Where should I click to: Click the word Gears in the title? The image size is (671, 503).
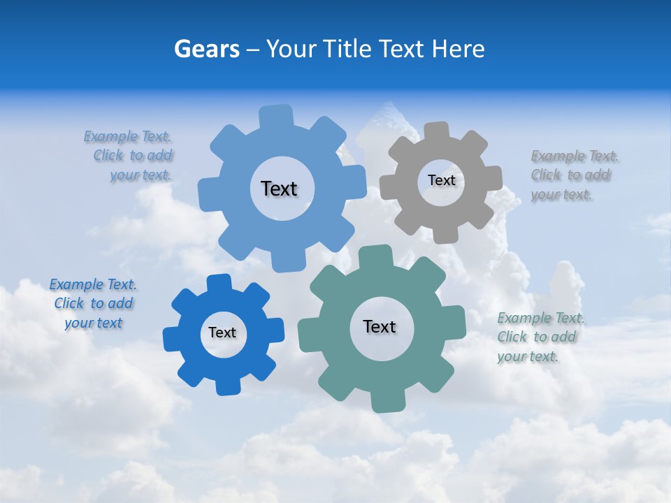click(205, 49)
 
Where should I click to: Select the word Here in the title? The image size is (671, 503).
click(458, 49)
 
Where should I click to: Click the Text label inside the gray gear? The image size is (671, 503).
click(441, 180)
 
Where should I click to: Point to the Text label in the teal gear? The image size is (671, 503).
click(380, 326)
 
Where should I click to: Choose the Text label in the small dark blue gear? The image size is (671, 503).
click(222, 333)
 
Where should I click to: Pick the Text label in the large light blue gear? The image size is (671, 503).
click(279, 189)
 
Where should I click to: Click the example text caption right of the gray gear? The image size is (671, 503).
click(573, 175)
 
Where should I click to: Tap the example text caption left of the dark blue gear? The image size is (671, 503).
click(93, 303)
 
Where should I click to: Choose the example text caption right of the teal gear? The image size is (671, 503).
click(540, 337)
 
